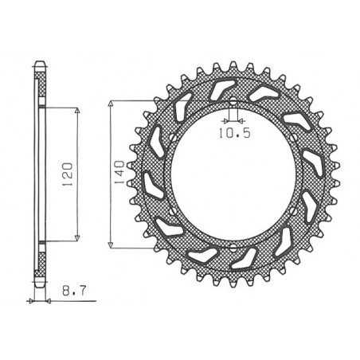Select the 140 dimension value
119,171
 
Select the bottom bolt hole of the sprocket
232,243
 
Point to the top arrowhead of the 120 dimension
77,110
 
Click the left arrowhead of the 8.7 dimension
33,301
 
